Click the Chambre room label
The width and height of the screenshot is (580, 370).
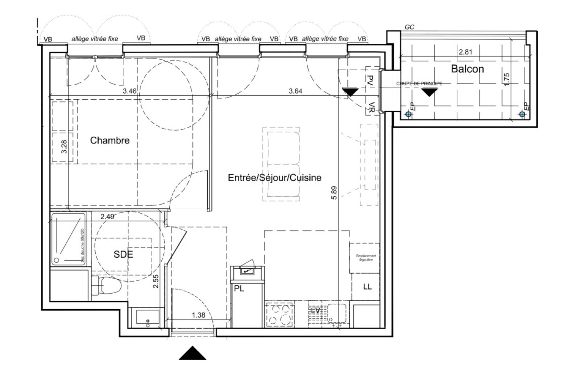click(109, 140)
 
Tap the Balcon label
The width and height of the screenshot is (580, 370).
click(467, 69)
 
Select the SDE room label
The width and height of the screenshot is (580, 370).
click(123, 254)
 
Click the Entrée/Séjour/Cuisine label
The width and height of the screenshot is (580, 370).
click(274, 178)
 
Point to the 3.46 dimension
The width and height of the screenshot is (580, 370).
click(129, 91)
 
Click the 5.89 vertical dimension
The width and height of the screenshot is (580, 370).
click(334, 192)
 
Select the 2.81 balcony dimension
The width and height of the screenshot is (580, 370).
click(465, 52)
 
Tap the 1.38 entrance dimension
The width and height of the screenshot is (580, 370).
click(198, 315)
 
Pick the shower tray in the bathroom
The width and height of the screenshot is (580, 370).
click(69, 239)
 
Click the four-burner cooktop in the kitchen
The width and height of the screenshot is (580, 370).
click(279, 314)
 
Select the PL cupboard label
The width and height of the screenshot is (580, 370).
click(239, 289)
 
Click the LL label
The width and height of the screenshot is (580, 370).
click(367, 287)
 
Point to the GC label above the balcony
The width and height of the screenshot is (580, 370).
click(409, 27)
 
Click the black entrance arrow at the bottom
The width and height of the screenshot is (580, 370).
click(192, 353)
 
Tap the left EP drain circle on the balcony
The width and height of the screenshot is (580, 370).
click(409, 114)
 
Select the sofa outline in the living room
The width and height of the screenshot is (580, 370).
click(281, 164)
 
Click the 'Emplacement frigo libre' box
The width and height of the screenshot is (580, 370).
click(364, 258)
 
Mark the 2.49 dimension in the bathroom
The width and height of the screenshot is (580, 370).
click(107, 217)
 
